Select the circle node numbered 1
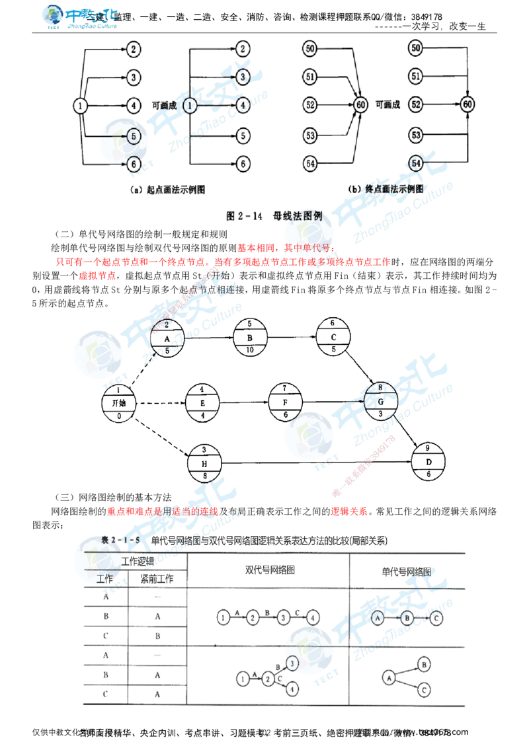[x=190, y=106]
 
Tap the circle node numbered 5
[x=134, y=135]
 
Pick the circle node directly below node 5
[x=134, y=162]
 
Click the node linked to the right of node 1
[x=243, y=104]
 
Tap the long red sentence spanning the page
[x=222, y=262]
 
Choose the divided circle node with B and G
[x=381, y=394]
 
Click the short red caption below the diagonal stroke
[x=350, y=511]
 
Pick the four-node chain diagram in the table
[x=268, y=615]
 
